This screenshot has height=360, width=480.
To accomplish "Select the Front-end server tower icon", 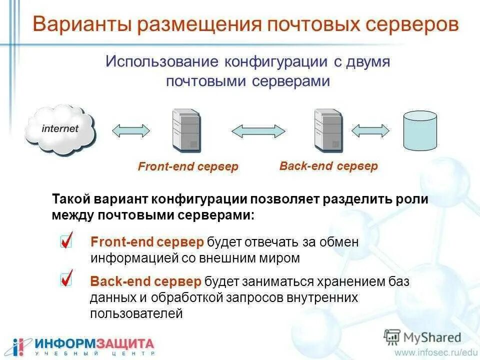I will point(186,130).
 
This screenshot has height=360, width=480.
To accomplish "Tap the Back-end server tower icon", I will point(327,130).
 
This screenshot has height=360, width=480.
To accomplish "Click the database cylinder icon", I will point(420,130).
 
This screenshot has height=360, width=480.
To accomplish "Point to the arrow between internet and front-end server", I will point(131,130).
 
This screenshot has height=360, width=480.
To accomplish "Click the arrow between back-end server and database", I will point(370,130).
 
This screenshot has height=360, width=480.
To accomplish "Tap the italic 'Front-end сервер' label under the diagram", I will point(188,166).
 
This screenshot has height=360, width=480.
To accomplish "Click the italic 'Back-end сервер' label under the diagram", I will point(328,166).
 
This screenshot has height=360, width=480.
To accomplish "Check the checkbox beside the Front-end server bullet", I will point(66,241).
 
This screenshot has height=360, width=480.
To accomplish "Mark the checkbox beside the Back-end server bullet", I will point(66,279).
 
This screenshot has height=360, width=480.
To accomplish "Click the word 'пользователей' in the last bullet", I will point(136,314).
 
